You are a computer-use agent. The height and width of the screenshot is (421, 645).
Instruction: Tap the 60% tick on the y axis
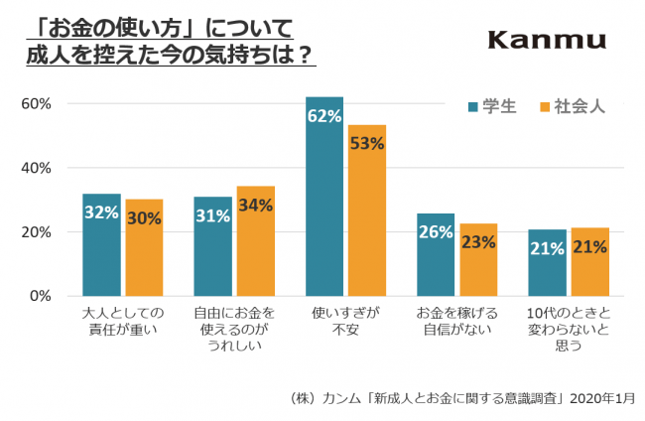coord(37,103)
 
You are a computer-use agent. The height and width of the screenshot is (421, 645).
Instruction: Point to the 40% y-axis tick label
coord(37,168)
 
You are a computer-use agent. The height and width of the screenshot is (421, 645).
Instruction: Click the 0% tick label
coord(41,296)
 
